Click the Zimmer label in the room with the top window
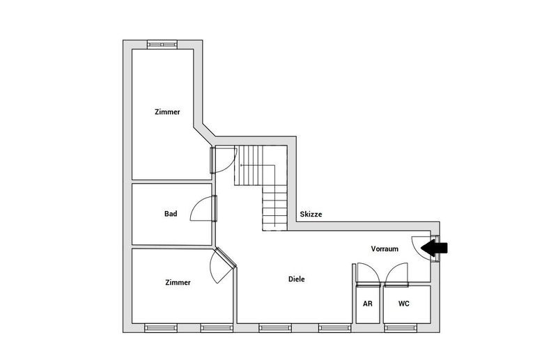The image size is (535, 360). point(167,111)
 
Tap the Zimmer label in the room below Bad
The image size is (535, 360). point(178,282)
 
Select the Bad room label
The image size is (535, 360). point(171,214)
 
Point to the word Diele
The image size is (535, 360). point(297,279)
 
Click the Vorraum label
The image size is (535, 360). point(385,249)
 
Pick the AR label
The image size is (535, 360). point(368,304)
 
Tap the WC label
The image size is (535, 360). point(403,304)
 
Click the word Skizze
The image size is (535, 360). point(311,214)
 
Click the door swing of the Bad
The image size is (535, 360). point(203,208)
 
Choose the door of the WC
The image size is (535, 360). point(396,274)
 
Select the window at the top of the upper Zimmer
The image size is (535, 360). point(162,44)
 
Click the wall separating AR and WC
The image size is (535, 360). point(381,304)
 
